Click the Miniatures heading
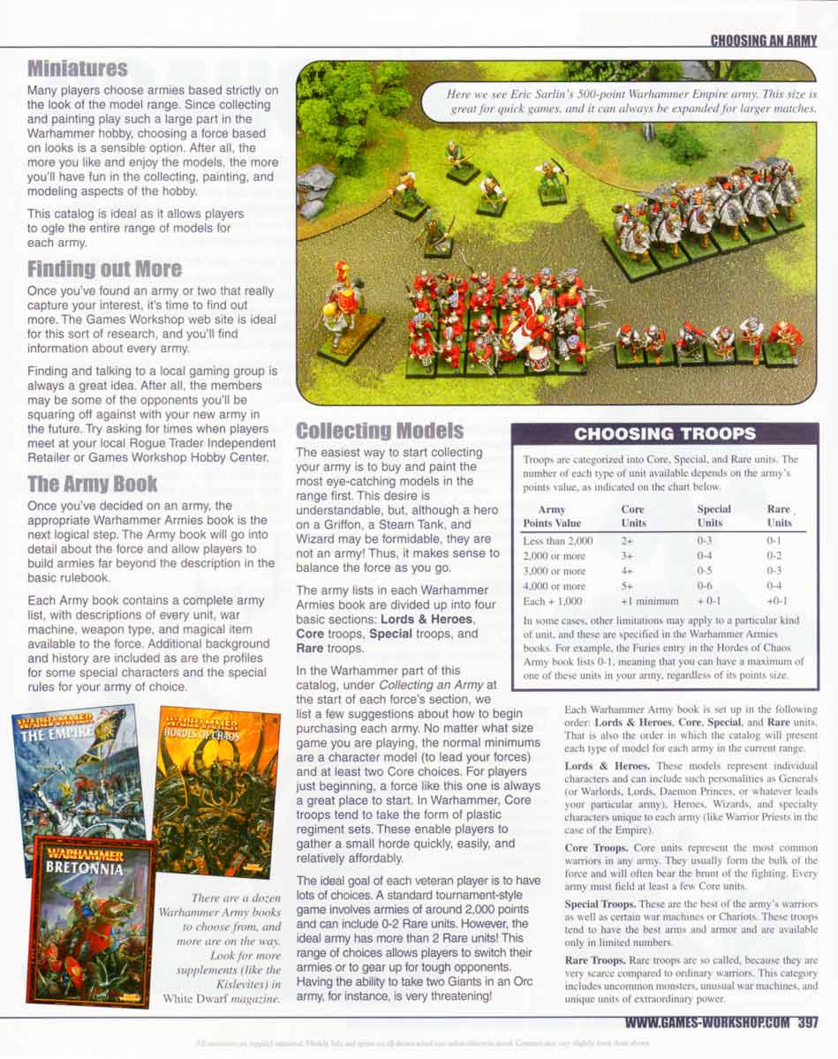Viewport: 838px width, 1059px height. [77, 68]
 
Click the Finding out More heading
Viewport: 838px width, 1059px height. [104, 268]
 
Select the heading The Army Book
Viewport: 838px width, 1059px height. [92, 483]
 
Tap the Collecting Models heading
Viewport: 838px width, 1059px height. [380, 431]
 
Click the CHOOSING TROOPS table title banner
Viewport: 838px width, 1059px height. [665, 433]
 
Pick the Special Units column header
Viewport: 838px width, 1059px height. [713, 515]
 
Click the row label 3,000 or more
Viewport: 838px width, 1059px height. [554, 570]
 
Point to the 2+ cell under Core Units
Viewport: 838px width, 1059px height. [627, 540]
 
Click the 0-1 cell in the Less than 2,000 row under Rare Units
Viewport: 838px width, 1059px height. [774, 540]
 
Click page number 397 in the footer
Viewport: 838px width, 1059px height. [806, 1024]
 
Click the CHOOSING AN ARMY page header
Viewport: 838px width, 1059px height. [764, 41]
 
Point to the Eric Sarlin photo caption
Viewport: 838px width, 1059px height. [631, 101]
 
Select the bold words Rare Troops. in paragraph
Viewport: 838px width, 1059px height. [600, 959]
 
